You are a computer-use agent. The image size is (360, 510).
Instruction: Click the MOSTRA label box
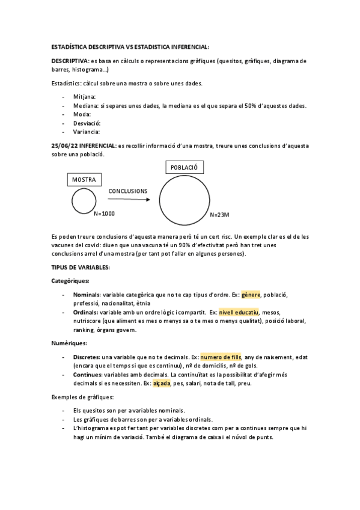pyautogui.click(x=84, y=179)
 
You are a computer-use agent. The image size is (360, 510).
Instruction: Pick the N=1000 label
pyautogui.click(x=105, y=214)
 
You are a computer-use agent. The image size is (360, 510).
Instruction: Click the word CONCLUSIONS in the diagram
pyautogui.click(x=127, y=191)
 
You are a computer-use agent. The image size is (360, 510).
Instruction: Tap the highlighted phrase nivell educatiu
pyautogui.click(x=239, y=312)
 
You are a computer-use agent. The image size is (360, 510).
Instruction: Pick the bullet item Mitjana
pyautogui.click(x=85, y=96)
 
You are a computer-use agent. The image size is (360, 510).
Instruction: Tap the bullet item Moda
pyautogui.click(x=82, y=114)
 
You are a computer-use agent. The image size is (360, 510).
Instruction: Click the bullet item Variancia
pyautogui.click(x=87, y=132)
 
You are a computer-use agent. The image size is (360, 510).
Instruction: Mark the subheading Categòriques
pyautogui.click(x=71, y=280)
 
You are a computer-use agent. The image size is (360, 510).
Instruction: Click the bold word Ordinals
pyautogui.click(x=86, y=312)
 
